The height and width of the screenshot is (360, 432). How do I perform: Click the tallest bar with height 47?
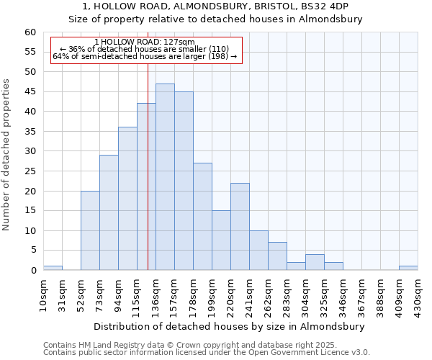(x=165, y=177)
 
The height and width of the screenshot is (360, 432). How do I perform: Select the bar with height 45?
(x=184, y=181)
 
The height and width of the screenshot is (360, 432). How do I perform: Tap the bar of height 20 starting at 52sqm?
(x=90, y=230)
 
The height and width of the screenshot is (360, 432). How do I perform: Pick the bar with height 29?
(x=109, y=212)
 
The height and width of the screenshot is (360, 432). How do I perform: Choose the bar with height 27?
(x=202, y=217)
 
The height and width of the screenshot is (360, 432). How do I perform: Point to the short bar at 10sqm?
(x=53, y=268)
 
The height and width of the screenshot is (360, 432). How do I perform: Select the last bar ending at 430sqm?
(x=408, y=268)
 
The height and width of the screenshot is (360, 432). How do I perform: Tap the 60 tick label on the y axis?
(x=30, y=32)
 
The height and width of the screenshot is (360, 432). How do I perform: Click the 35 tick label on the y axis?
(x=30, y=132)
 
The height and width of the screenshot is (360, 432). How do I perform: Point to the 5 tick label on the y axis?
(x=32, y=251)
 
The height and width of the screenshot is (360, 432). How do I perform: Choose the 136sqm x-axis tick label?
(x=156, y=294)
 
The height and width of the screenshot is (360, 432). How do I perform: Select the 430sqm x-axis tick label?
(x=418, y=294)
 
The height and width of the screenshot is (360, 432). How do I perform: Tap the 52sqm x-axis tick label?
(x=81, y=294)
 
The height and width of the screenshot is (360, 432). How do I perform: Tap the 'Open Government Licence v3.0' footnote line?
(x=207, y=352)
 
